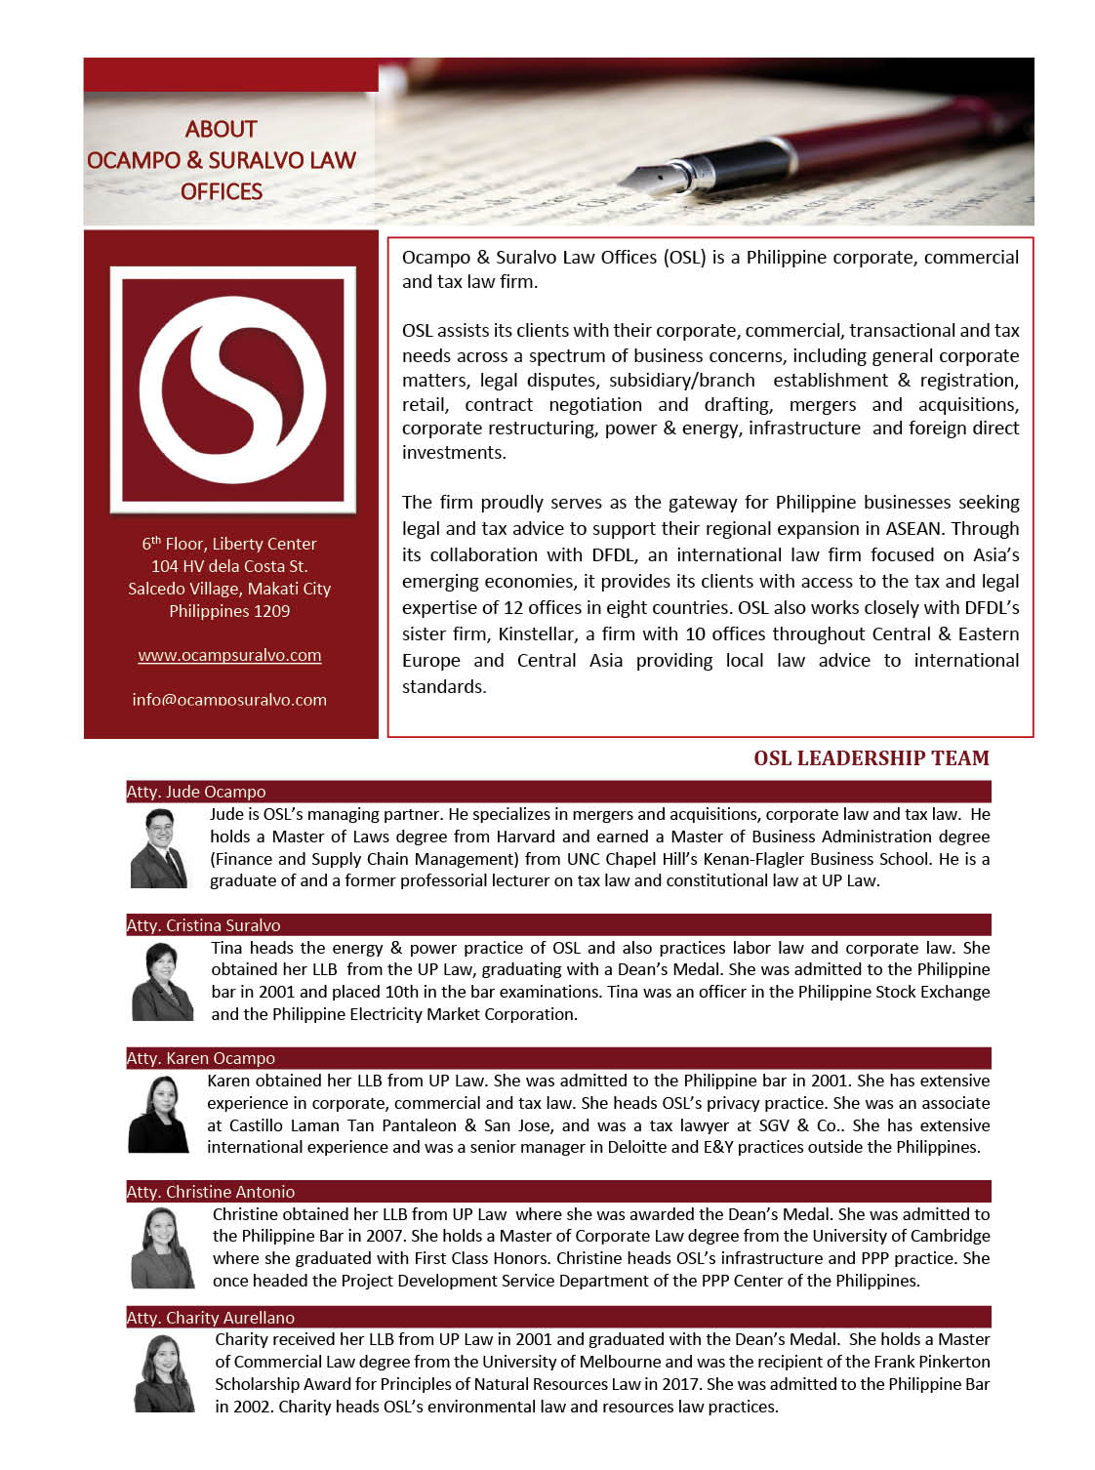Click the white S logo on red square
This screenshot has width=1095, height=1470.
[x=232, y=389]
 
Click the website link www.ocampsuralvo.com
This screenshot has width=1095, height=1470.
[x=229, y=655]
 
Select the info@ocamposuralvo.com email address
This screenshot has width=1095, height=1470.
[x=229, y=700]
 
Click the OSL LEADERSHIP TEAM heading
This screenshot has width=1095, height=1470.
[x=871, y=758]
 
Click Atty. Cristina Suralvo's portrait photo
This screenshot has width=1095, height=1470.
[x=162, y=981]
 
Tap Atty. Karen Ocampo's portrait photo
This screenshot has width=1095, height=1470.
[x=158, y=1114]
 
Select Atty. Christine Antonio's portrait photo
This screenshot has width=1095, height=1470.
[x=162, y=1247]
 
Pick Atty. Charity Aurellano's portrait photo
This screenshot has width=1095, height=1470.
[x=163, y=1373]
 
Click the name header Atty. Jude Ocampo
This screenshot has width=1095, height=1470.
[x=196, y=792]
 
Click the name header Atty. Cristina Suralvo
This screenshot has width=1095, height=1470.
[x=203, y=925]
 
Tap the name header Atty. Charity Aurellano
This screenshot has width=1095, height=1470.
[x=210, y=1318]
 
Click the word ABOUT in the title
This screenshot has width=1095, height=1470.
[x=222, y=129]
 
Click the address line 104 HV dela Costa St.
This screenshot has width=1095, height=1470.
[x=229, y=566]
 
